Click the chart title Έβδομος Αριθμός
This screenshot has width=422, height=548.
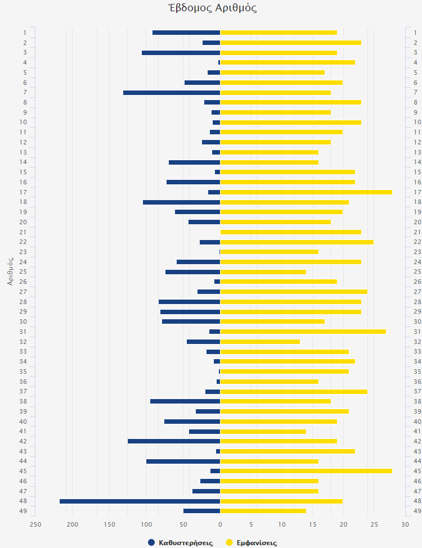coord(212,8)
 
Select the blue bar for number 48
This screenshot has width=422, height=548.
coord(140,501)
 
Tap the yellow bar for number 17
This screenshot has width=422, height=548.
coord(306,192)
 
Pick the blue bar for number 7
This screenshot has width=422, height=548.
coord(172,92)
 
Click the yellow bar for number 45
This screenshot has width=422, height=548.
coord(306,471)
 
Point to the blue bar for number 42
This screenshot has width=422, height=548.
coord(174,441)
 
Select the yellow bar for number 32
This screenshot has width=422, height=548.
coord(260,342)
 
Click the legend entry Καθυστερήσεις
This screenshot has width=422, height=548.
coord(180,542)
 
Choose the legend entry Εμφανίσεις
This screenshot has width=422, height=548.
coord(251,542)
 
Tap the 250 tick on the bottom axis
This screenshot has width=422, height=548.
coord(35,525)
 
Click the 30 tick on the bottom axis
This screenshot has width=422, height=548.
coord(405,525)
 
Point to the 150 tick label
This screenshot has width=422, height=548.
coord(109,525)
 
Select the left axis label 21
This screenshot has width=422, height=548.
coord(23,232)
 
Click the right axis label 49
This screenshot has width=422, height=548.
coord(417,511)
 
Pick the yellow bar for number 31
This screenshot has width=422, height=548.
coord(303,332)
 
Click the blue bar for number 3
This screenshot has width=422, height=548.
coord(181,52)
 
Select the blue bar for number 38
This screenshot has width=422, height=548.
coord(185,401)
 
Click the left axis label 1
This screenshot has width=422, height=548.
coord(25,33)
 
